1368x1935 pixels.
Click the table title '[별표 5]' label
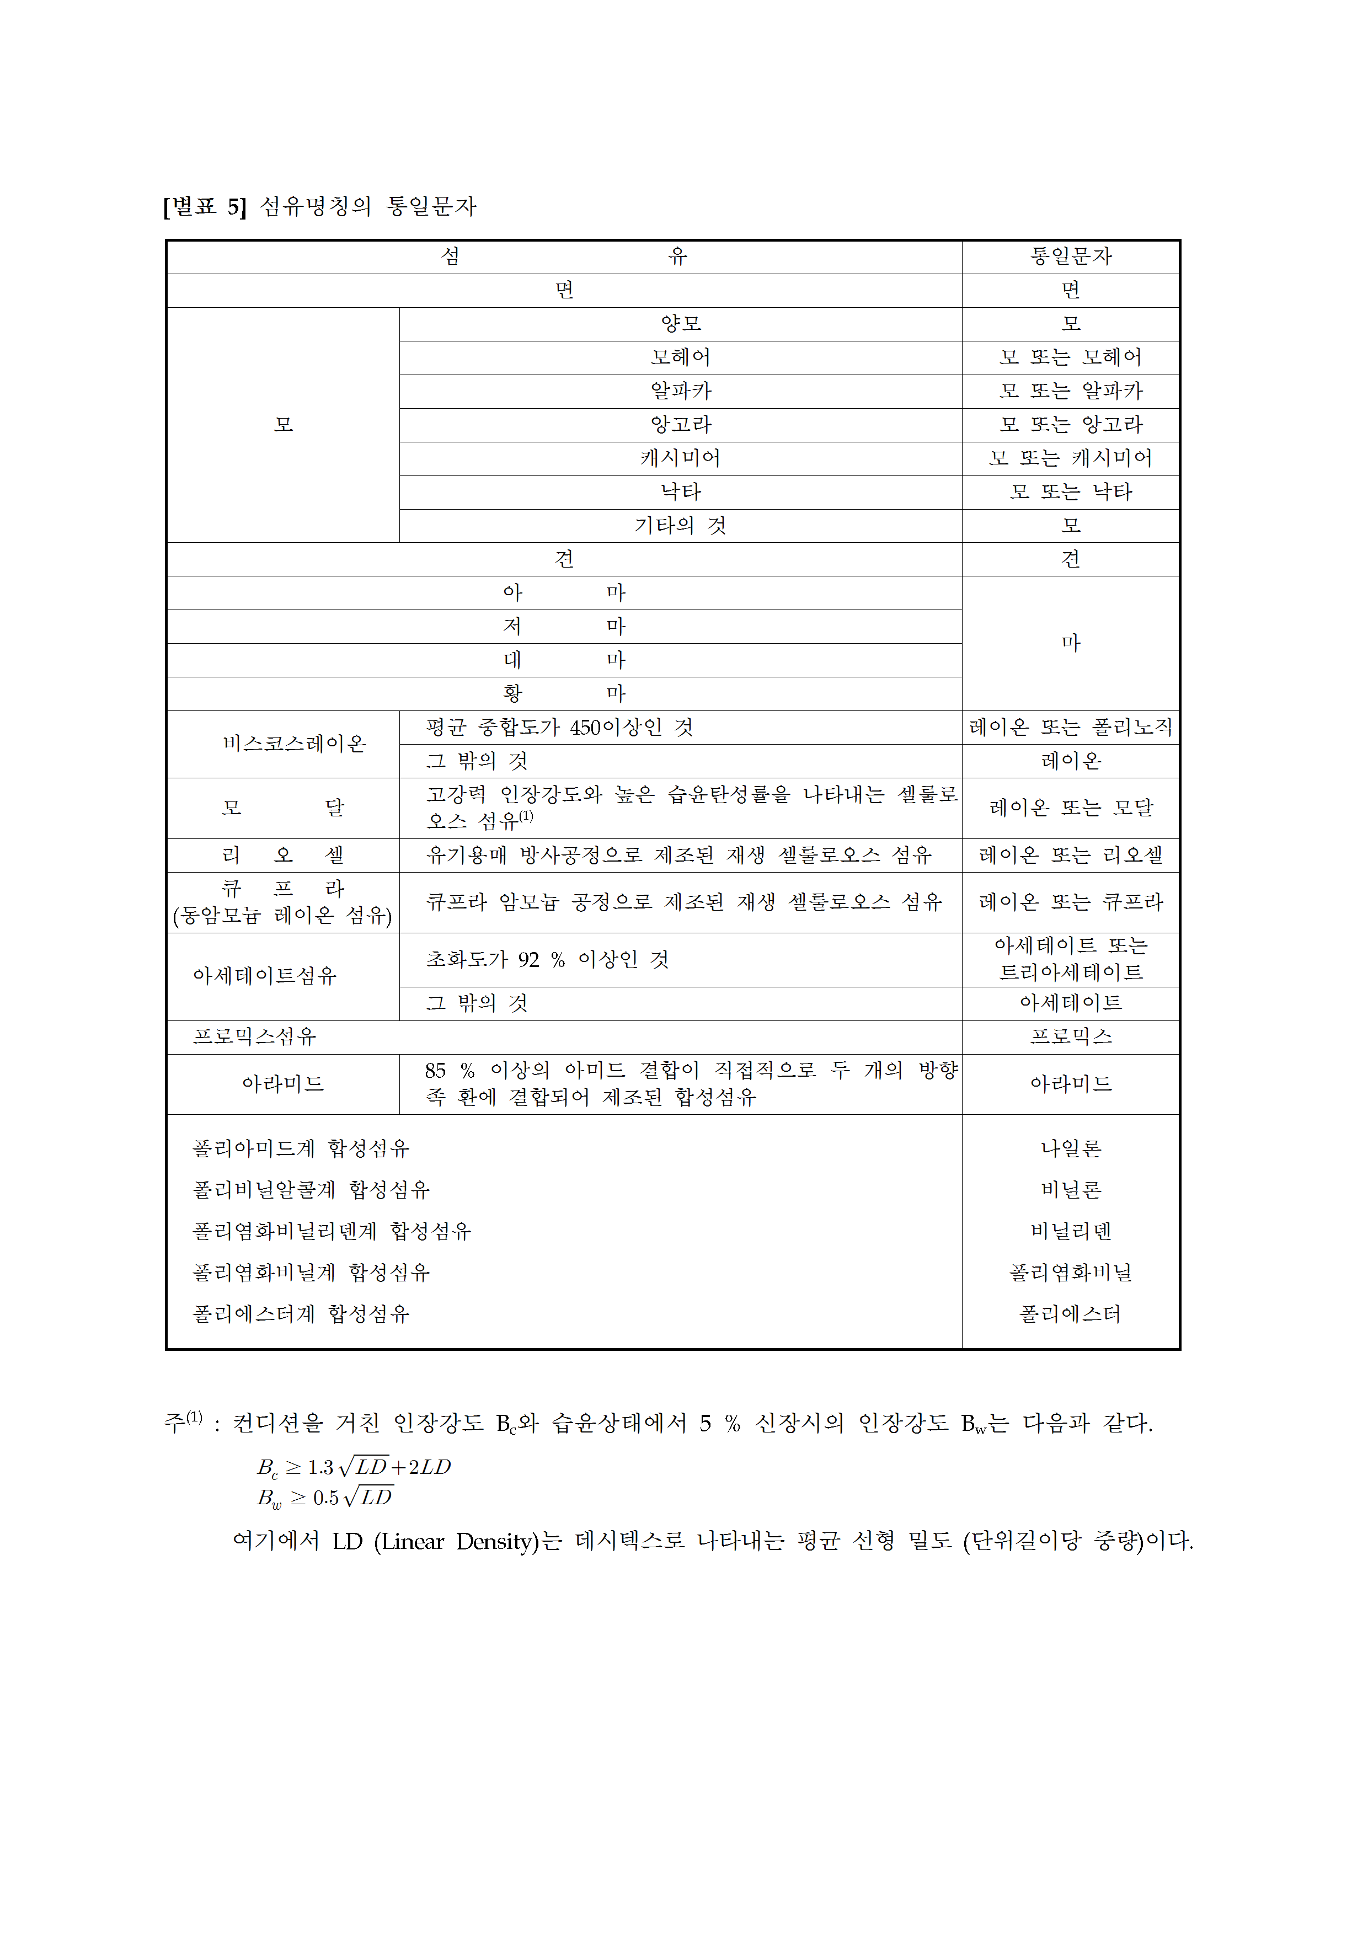[x=205, y=206]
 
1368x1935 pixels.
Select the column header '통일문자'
[x=1071, y=256]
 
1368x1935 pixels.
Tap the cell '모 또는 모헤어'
[x=1071, y=357]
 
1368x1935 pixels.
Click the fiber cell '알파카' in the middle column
[x=681, y=391]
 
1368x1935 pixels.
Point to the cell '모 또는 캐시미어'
[x=1071, y=458]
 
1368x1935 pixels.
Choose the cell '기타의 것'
[x=681, y=526]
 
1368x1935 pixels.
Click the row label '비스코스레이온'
[x=294, y=744]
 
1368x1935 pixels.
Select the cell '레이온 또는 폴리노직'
[x=1071, y=728]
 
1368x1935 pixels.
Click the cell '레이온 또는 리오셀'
[x=1071, y=856]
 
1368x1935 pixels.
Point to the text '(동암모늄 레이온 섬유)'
[x=282, y=916]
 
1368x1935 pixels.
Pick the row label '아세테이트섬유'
[x=265, y=976]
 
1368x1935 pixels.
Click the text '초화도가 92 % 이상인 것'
[x=548, y=960]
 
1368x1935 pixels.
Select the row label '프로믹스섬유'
[x=254, y=1036]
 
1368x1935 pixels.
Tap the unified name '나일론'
[x=1071, y=1148]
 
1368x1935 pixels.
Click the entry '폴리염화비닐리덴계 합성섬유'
[x=332, y=1231]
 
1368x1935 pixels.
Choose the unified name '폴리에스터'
[x=1071, y=1314]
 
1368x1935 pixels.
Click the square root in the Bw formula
[x=369, y=1498]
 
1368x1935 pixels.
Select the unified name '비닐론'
[x=1071, y=1190]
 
